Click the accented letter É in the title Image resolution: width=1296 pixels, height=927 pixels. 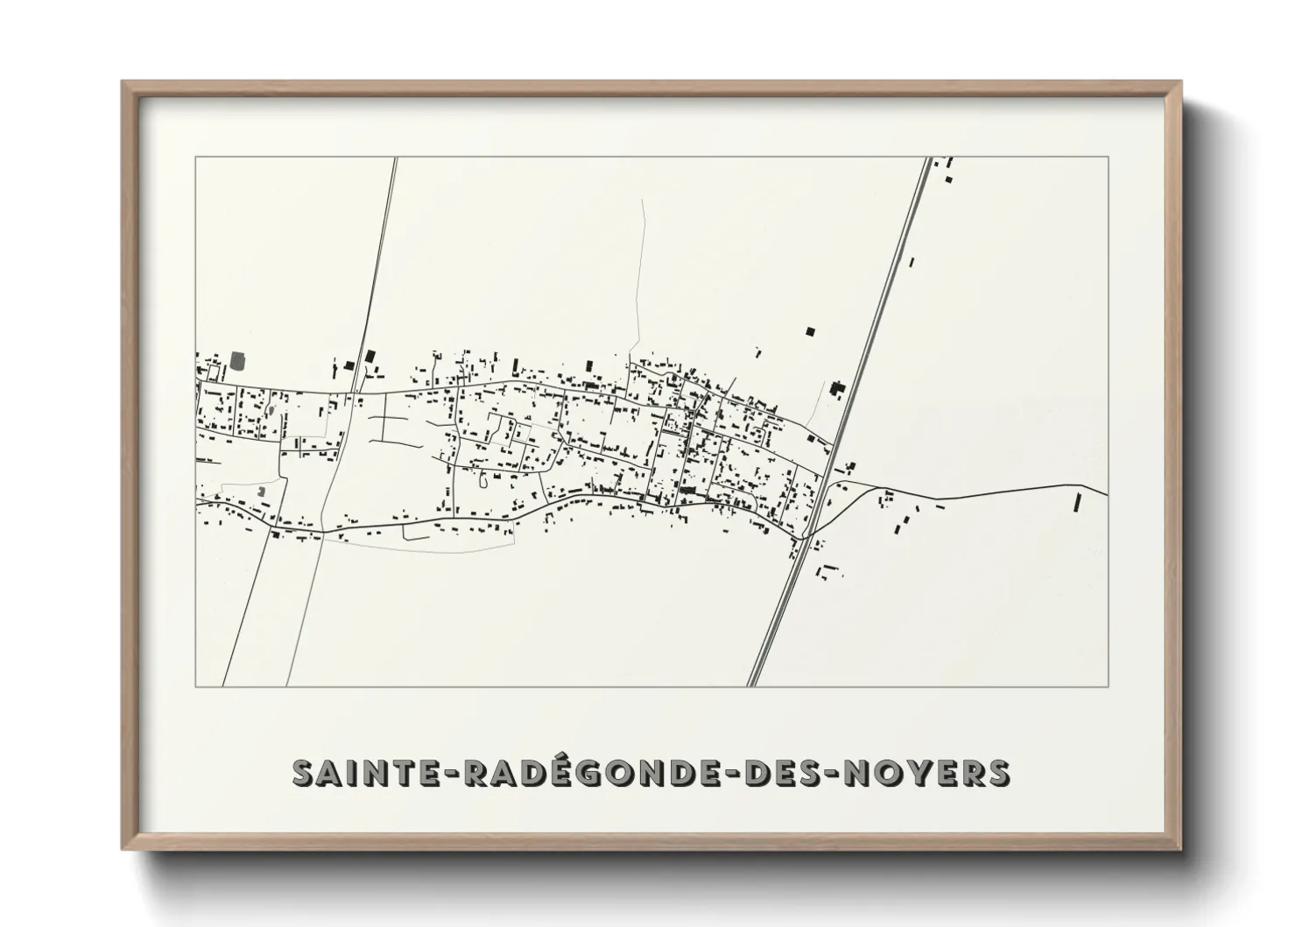tap(540, 772)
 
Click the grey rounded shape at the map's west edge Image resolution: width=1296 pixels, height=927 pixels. tap(238, 359)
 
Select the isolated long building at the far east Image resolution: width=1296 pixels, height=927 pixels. tap(1077, 503)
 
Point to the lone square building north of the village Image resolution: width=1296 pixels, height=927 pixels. tap(810, 331)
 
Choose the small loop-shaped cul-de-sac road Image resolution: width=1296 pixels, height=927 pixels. tap(483, 478)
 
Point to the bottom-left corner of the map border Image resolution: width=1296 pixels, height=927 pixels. tap(196, 686)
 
